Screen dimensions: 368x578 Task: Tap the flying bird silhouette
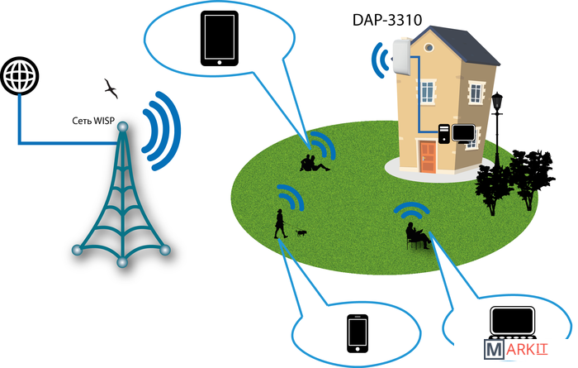110,86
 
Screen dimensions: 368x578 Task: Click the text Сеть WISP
92,121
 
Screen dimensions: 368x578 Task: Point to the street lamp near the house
497,124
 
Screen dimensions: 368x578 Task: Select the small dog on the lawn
301,234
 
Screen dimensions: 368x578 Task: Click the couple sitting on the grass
312,163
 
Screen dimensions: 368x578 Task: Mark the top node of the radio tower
122,127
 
